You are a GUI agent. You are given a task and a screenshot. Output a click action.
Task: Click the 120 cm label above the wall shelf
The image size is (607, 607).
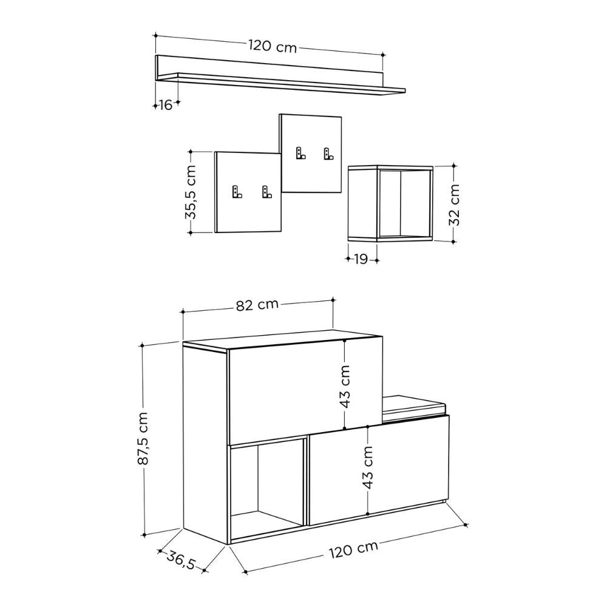tap(273, 46)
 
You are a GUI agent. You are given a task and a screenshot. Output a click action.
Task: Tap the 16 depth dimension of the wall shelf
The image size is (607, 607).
tap(165, 105)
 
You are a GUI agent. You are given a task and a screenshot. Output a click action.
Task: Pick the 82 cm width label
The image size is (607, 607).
tap(257, 305)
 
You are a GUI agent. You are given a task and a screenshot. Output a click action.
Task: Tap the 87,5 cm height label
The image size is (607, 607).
tap(144, 439)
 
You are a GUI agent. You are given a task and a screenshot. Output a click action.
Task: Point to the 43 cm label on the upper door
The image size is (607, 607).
tap(345, 386)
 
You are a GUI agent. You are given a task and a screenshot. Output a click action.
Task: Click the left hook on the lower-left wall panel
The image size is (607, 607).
tap(236, 192)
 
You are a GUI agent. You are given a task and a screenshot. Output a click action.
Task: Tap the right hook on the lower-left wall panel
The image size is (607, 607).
tap(266, 192)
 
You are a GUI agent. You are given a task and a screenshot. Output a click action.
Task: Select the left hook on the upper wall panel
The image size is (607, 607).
tap(299, 153)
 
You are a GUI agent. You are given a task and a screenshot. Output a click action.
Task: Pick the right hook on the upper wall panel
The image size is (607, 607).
tap(329, 154)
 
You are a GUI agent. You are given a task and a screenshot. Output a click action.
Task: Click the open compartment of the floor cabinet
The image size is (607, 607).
tap(267, 486)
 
